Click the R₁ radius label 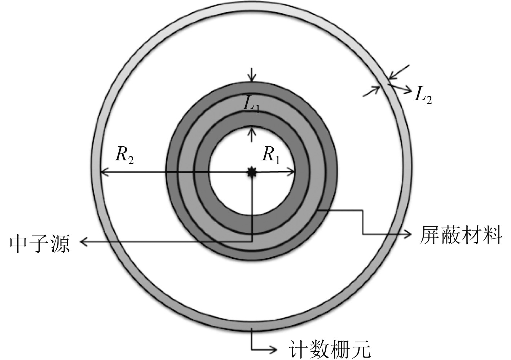point(271,155)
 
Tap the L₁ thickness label point(252,105)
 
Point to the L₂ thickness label point(423,96)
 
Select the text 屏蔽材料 point(461,236)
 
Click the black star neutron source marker point(252,173)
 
